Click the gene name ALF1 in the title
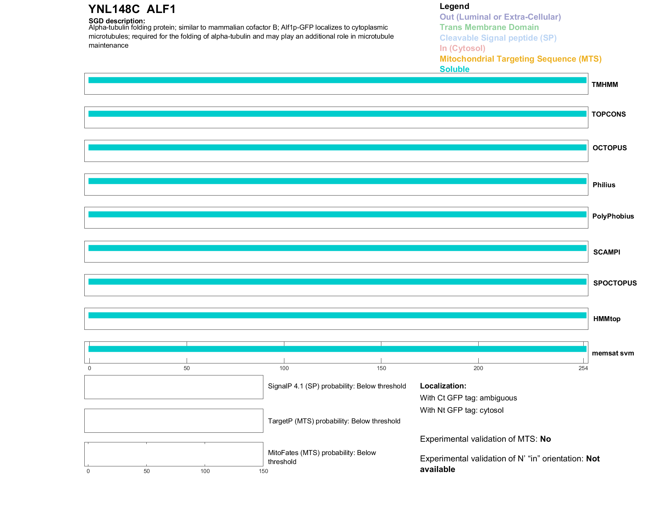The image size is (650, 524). [x=161, y=9]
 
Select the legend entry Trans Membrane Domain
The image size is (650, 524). [x=489, y=27]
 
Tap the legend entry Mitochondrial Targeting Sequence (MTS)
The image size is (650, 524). [x=520, y=59]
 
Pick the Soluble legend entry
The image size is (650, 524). [x=454, y=69]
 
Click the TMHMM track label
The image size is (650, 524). [x=604, y=85]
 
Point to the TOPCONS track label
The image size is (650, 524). [x=608, y=114]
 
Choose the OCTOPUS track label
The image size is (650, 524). [x=609, y=148]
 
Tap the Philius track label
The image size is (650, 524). [x=604, y=185]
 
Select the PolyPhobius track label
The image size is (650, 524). [x=613, y=216]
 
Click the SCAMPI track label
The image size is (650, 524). [x=606, y=252]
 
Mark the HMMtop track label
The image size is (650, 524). [x=607, y=319]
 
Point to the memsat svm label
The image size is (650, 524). [x=613, y=353]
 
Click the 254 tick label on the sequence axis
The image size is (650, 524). [x=583, y=368]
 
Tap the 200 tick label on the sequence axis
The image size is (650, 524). [x=478, y=368]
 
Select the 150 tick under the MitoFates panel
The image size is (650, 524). [x=263, y=471]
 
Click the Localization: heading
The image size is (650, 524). [x=443, y=386]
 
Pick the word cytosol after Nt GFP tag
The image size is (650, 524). [x=491, y=410]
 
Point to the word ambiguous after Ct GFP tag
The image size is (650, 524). [x=498, y=398]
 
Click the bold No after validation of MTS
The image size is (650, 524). [x=545, y=439]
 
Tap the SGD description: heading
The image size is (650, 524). [x=117, y=21]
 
